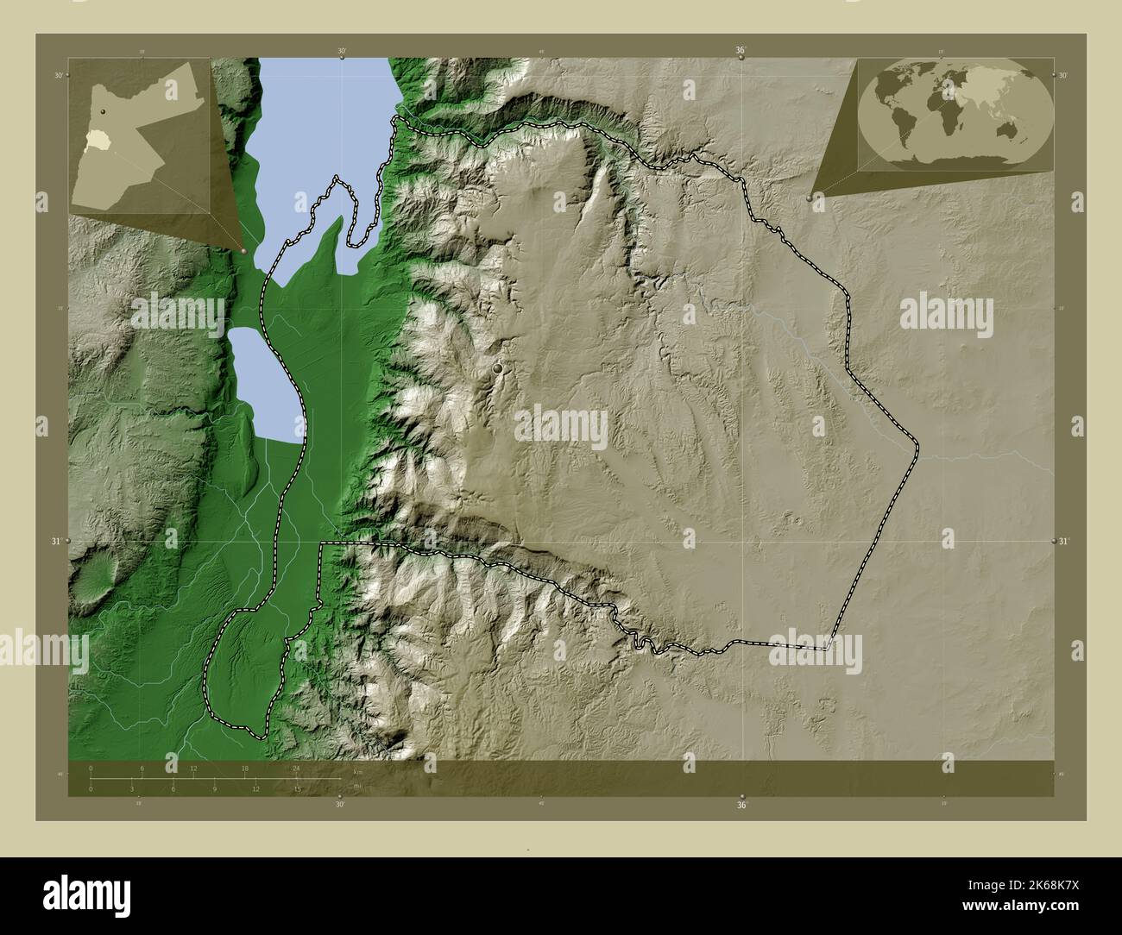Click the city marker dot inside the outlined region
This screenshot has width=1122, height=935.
(498, 368)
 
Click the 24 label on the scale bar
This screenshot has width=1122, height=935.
(296, 768)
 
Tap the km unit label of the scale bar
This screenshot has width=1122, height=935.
(356, 769)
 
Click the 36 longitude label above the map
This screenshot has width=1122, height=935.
(741, 51)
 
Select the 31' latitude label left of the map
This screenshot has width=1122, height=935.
(58, 541)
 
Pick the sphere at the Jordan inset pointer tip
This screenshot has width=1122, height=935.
(245, 250)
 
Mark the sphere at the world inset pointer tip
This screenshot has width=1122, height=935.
(809, 198)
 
